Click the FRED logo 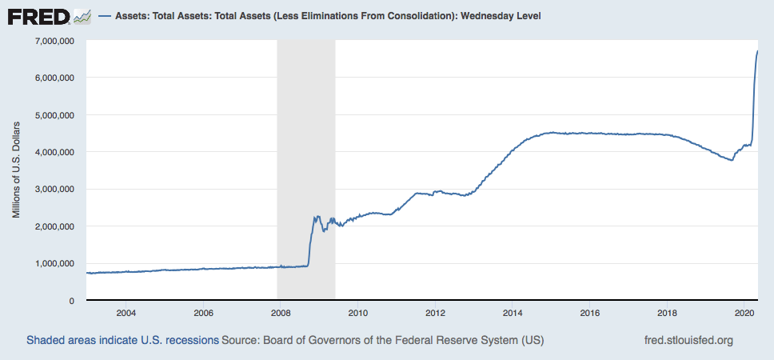pyautogui.click(x=39, y=16)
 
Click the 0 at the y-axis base pyautogui.click(x=72, y=300)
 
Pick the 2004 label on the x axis pyautogui.click(x=126, y=312)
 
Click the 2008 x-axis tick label pyautogui.click(x=281, y=312)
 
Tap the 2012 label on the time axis pyautogui.click(x=435, y=312)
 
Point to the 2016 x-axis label pyautogui.click(x=590, y=312)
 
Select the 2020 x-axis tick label pyautogui.click(x=744, y=312)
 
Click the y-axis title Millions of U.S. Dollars pyautogui.click(x=17, y=170)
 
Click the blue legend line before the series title pyautogui.click(x=104, y=16)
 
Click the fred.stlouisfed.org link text pyautogui.click(x=688, y=340)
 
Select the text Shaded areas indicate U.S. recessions pyautogui.click(x=122, y=340)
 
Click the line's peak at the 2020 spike pyautogui.click(x=757, y=51)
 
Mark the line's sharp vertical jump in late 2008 pyautogui.click(x=310, y=240)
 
